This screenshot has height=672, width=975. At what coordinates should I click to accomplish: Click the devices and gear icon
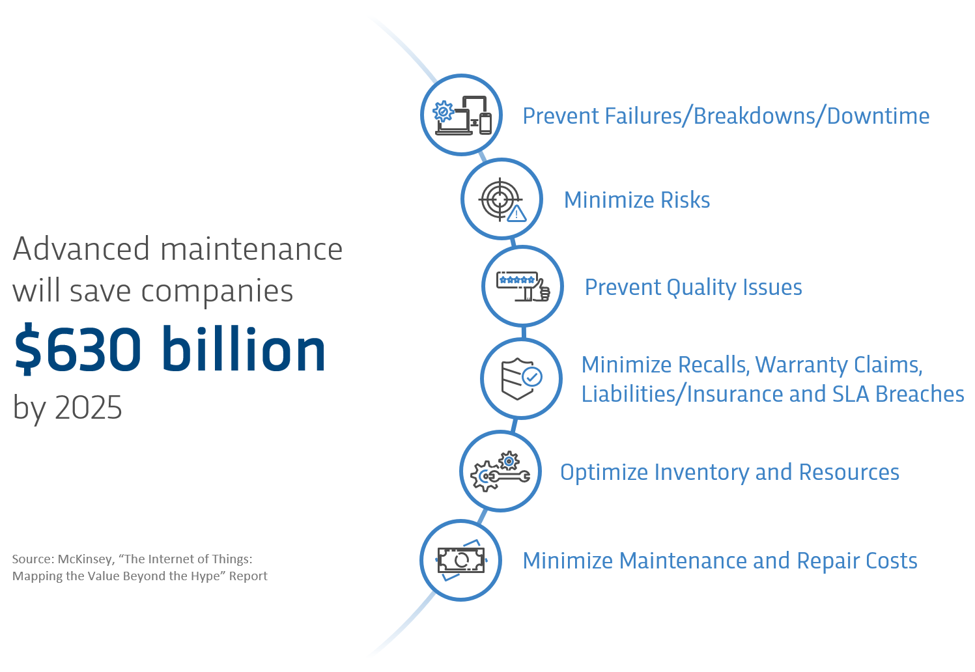tap(462, 115)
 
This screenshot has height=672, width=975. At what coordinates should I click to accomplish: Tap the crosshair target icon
tap(502, 200)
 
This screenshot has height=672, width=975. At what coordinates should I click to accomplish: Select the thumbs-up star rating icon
tap(523, 287)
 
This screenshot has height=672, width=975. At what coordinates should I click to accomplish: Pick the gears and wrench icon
tap(500, 471)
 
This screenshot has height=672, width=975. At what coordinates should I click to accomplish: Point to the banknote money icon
tap(461, 560)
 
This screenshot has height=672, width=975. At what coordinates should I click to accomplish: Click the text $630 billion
tap(170, 349)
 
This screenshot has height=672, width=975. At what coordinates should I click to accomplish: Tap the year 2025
tap(89, 408)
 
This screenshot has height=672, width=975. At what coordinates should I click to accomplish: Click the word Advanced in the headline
tap(81, 249)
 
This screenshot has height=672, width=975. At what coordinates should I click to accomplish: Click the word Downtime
tap(878, 116)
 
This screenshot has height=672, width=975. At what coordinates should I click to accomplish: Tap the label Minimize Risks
tap(637, 200)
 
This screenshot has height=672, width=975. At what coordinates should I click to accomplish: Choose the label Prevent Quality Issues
tap(694, 288)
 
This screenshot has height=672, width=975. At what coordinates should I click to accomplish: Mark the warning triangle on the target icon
tap(516, 214)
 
